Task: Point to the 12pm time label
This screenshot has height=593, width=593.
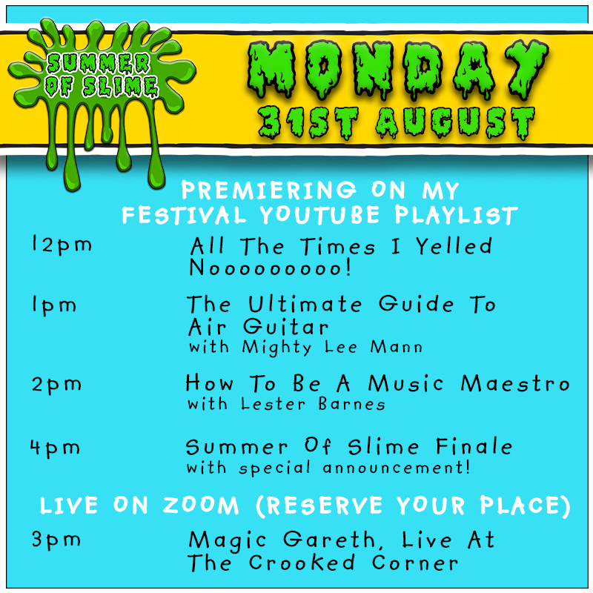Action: click(62, 245)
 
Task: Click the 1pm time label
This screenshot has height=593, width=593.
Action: click(53, 305)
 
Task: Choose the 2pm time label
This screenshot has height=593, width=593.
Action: click(56, 385)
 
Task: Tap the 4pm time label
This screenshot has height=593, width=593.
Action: click(56, 448)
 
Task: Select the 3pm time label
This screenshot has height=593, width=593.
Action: click(56, 539)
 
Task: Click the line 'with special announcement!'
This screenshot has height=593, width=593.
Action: click(328, 468)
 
